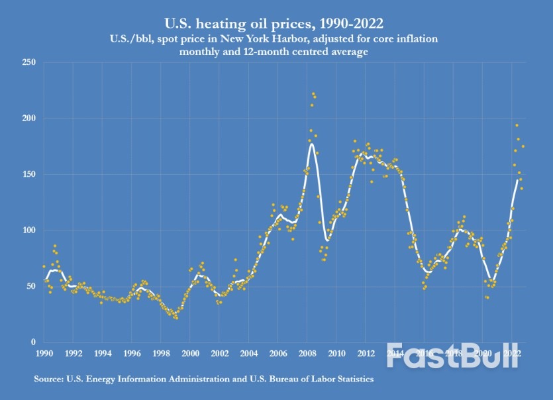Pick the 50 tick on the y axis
29,286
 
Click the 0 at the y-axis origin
32,342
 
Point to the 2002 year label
219,353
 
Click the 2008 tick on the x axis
307,353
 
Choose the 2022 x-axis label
511,353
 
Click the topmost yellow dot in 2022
517,125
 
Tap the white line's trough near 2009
327,240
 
